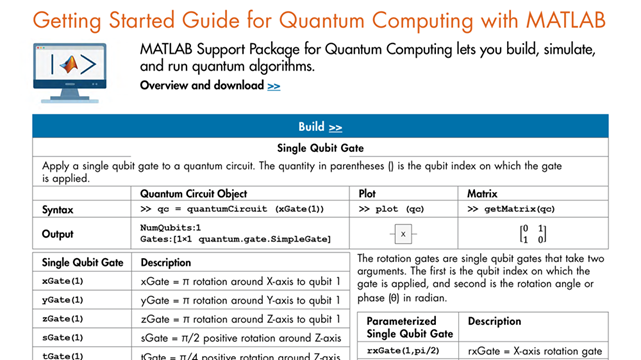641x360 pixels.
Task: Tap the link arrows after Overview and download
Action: click(274, 87)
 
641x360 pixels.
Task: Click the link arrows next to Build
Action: click(335, 127)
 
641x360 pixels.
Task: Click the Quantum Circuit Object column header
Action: click(194, 193)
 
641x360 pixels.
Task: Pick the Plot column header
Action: click(367, 193)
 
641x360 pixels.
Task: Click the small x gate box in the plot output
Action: click(402, 234)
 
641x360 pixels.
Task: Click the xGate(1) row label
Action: click(63, 282)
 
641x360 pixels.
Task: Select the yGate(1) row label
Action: click(63, 299)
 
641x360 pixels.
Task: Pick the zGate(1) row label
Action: click(63, 318)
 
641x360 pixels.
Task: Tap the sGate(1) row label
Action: click(63, 337)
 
